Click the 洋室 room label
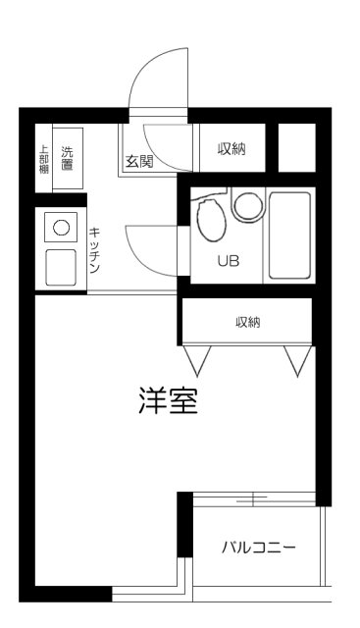tap(167, 402)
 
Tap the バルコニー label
tap(258, 548)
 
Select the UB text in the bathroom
tap(228, 261)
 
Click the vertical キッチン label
tap(95, 247)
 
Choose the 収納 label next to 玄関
tap(231, 148)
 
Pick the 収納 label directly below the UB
tap(247, 322)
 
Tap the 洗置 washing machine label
tap(68, 157)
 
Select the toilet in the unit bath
tap(208, 221)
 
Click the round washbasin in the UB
tap(247, 206)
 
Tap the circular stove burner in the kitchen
tap(61, 228)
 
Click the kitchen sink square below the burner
tap(61, 265)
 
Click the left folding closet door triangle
tap(200, 360)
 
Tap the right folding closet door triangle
tap(297, 360)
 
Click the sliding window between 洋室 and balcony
tap(253, 499)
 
